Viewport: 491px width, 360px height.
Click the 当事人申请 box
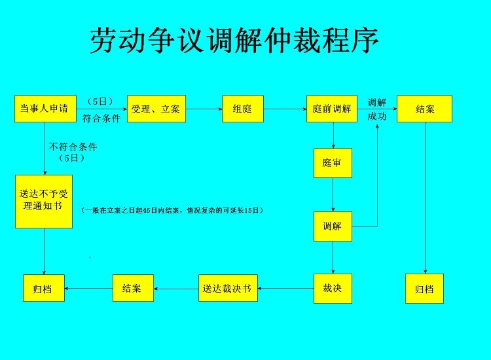45,109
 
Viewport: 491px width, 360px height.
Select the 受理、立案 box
156,109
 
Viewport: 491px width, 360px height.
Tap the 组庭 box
243,109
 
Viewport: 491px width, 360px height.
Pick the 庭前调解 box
332,109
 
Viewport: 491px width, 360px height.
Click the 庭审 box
333,163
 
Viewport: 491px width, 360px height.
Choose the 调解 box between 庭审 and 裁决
333,226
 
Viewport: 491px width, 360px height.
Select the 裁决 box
333,289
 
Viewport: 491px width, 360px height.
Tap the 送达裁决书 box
228,288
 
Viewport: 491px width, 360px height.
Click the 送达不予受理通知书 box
44,202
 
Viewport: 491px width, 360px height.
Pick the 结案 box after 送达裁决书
133,288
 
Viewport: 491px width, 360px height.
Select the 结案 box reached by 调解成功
424,109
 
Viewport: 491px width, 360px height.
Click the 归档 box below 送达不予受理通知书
44,288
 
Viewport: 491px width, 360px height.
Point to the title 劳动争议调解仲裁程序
234,41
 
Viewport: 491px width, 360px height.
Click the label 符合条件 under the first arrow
101,118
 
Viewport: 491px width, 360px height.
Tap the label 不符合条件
73,147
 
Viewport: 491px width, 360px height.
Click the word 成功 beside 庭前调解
377,117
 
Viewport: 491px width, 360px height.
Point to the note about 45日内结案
172,210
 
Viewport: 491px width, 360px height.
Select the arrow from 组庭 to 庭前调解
285,109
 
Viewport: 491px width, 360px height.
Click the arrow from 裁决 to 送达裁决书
286,288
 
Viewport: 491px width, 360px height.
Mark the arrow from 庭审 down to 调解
333,194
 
